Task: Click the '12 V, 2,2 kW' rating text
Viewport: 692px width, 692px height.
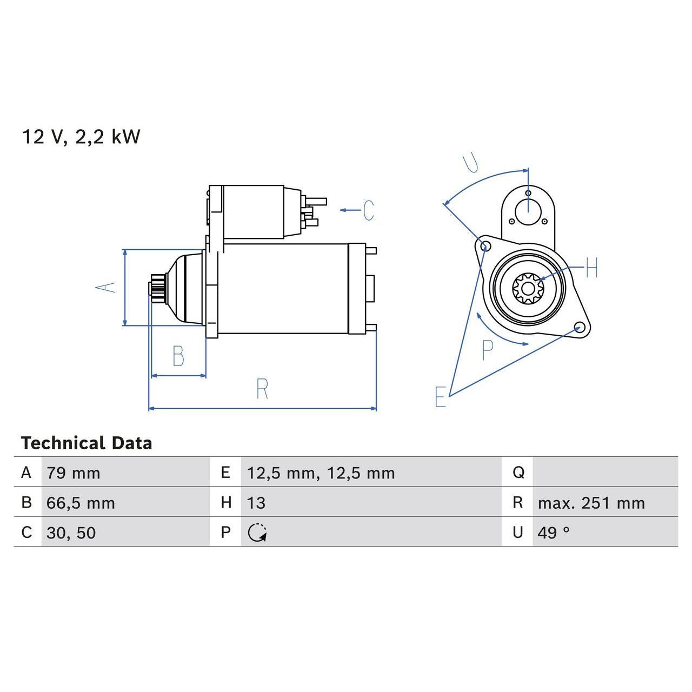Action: click(81, 137)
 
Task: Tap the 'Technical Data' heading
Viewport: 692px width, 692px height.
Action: click(86, 443)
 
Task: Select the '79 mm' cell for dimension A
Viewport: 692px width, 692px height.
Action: click(74, 473)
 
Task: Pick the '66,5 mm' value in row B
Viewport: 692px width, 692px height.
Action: click(81, 503)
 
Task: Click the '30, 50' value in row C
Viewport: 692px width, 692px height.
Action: click(71, 533)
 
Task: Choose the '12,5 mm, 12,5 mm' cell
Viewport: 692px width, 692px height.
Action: click(321, 473)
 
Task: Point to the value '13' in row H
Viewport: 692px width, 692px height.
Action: click(256, 503)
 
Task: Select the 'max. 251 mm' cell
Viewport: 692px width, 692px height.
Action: click(591, 503)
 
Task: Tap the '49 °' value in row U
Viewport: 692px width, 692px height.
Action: click(554, 533)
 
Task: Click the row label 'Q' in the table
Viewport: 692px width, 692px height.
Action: click(518, 473)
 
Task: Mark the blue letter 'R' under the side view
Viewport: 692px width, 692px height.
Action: click(262, 389)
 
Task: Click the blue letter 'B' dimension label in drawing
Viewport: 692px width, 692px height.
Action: click(178, 356)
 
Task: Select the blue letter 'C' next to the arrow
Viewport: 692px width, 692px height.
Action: click(368, 210)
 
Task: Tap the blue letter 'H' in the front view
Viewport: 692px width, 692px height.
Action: click(592, 268)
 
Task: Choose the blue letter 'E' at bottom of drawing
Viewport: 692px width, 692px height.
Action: click(441, 397)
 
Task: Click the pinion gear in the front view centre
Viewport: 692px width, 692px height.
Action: click(528, 288)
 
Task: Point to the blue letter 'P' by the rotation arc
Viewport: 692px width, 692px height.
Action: click(487, 350)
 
